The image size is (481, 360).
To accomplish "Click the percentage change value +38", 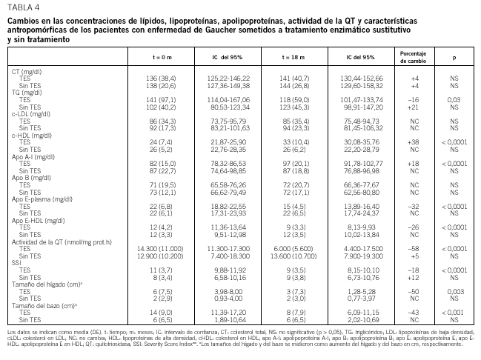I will pyautogui.click(x=414, y=140).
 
